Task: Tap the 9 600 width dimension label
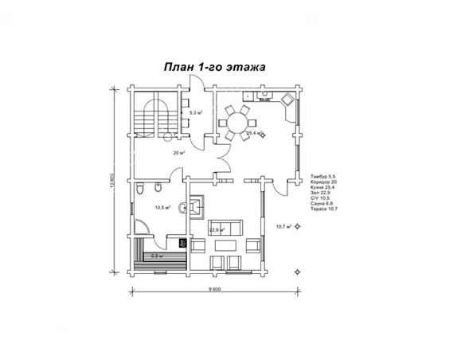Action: [x=214, y=289]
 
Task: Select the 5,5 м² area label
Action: [x=196, y=113]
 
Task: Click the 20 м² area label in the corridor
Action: [x=179, y=152]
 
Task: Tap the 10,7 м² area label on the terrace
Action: [x=283, y=226]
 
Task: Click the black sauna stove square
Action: [x=182, y=243]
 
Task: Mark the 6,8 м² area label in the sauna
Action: [x=157, y=256]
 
